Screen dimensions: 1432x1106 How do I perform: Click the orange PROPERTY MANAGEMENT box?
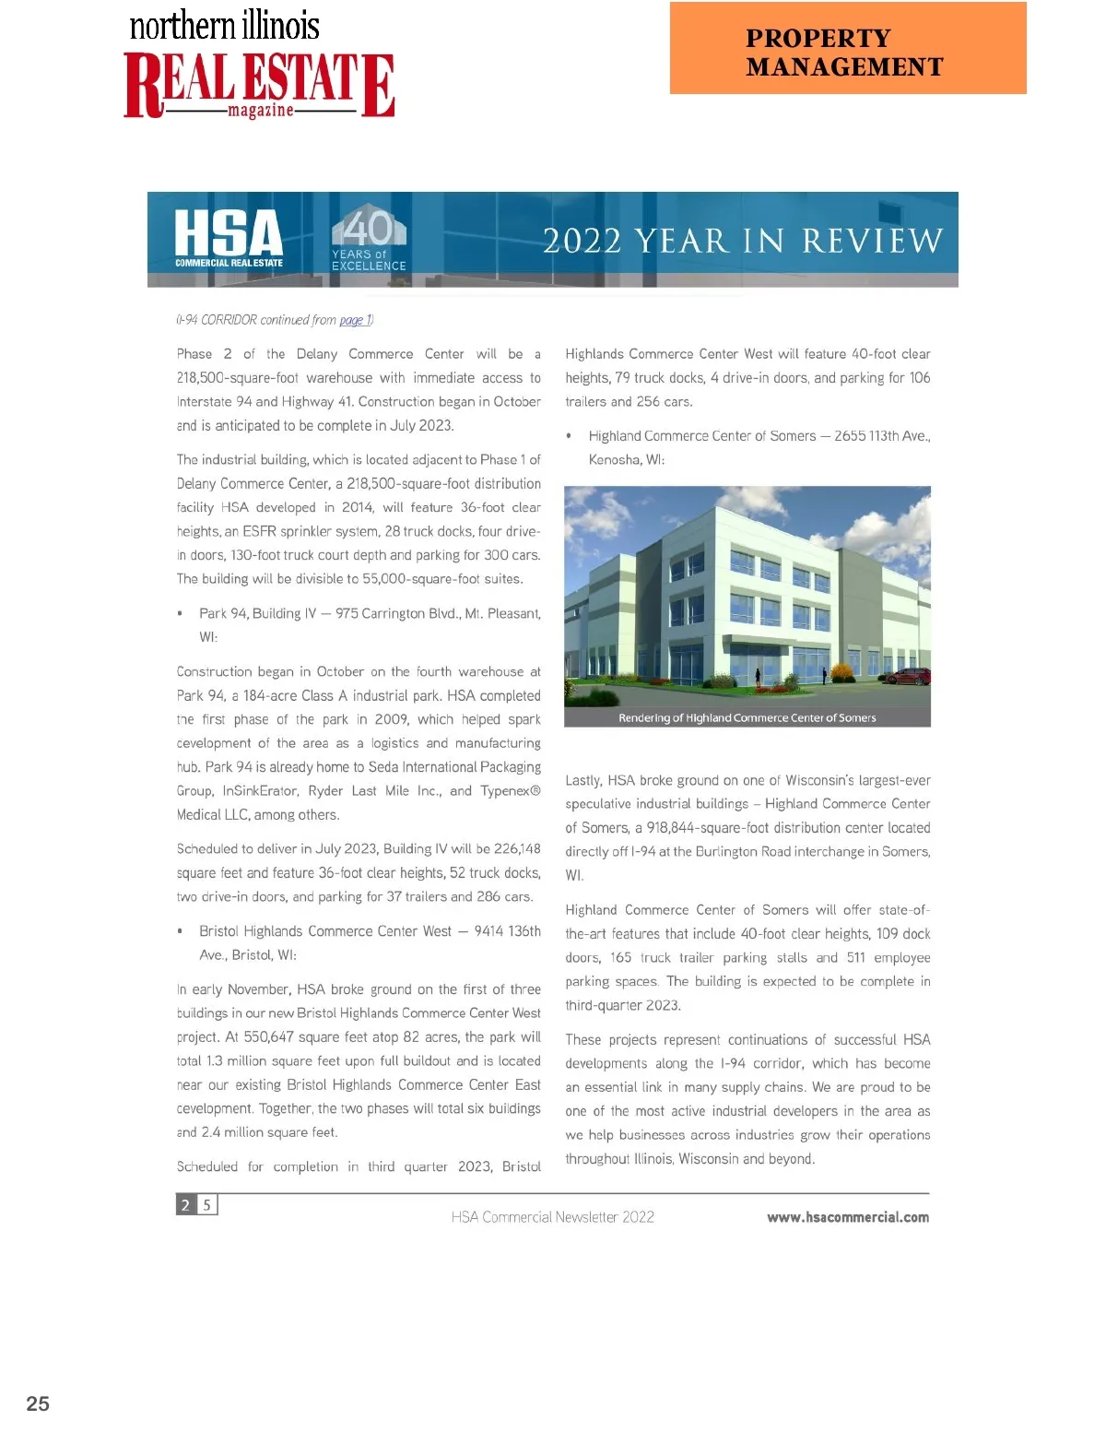coord(848,48)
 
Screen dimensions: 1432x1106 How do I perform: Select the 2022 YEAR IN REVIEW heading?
coord(743,242)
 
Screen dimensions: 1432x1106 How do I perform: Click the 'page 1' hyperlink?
coord(355,320)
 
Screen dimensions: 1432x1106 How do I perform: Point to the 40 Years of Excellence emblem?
coord(369,238)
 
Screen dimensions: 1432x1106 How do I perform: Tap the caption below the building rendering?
coord(747,717)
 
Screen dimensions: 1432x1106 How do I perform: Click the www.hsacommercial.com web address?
coord(847,1217)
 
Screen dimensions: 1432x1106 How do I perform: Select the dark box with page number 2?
coord(185,1205)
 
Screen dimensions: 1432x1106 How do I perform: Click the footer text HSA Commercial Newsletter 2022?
coord(552,1217)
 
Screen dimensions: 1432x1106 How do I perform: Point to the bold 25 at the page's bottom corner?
coord(38,1403)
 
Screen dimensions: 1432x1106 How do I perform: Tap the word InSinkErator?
coord(262,791)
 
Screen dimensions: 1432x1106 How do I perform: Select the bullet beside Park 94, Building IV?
coord(180,614)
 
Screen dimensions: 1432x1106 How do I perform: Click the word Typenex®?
coord(510,791)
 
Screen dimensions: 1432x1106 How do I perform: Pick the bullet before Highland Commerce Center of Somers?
coord(569,436)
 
